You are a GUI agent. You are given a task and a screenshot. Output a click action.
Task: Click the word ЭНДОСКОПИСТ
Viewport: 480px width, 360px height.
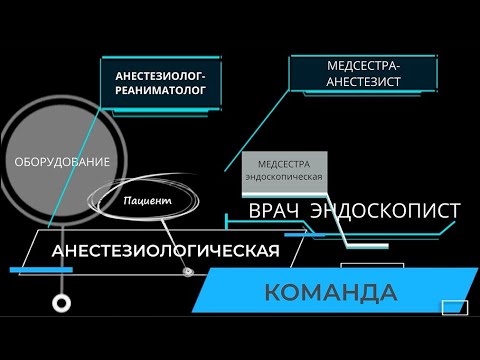pyautogui.click(x=385, y=212)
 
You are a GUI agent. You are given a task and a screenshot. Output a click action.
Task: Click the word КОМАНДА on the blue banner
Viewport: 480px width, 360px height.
pyautogui.click(x=331, y=293)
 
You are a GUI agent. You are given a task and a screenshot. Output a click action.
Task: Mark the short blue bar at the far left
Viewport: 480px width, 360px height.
pyautogui.click(x=29, y=270)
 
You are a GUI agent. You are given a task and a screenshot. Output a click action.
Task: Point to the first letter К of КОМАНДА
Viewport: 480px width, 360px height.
pyautogui.click(x=272, y=293)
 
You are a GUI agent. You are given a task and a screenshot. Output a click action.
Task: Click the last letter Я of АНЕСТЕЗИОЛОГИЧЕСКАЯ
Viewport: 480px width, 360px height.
pyautogui.click(x=271, y=250)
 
